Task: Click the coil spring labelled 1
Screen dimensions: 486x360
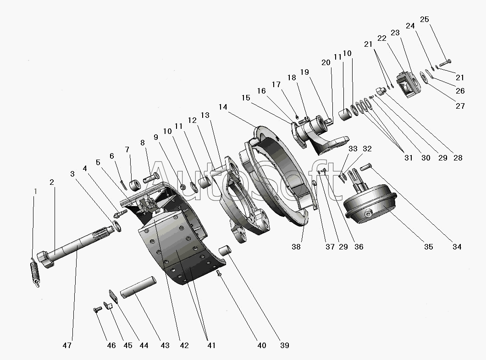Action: [35, 272]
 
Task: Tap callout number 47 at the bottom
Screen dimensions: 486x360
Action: [67, 345]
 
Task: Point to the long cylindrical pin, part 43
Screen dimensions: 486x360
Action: [138, 288]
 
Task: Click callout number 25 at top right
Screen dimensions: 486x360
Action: [424, 19]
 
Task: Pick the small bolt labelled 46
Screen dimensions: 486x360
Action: [98, 310]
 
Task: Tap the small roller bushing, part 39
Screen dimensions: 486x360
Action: [225, 250]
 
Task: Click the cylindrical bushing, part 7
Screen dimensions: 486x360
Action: [135, 185]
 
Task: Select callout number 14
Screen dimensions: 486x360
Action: [223, 107]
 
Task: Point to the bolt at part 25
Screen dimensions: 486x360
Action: [445, 63]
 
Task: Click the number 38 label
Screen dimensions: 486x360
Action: [296, 247]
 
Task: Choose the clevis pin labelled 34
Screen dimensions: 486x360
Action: [365, 167]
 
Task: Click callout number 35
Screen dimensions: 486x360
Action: [429, 247]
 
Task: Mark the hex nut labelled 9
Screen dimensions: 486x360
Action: [183, 187]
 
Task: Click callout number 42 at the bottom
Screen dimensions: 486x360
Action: [184, 345]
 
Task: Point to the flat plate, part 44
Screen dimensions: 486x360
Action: [113, 297]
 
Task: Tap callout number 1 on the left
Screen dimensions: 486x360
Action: [35, 191]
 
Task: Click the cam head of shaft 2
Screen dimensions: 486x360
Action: [45, 260]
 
